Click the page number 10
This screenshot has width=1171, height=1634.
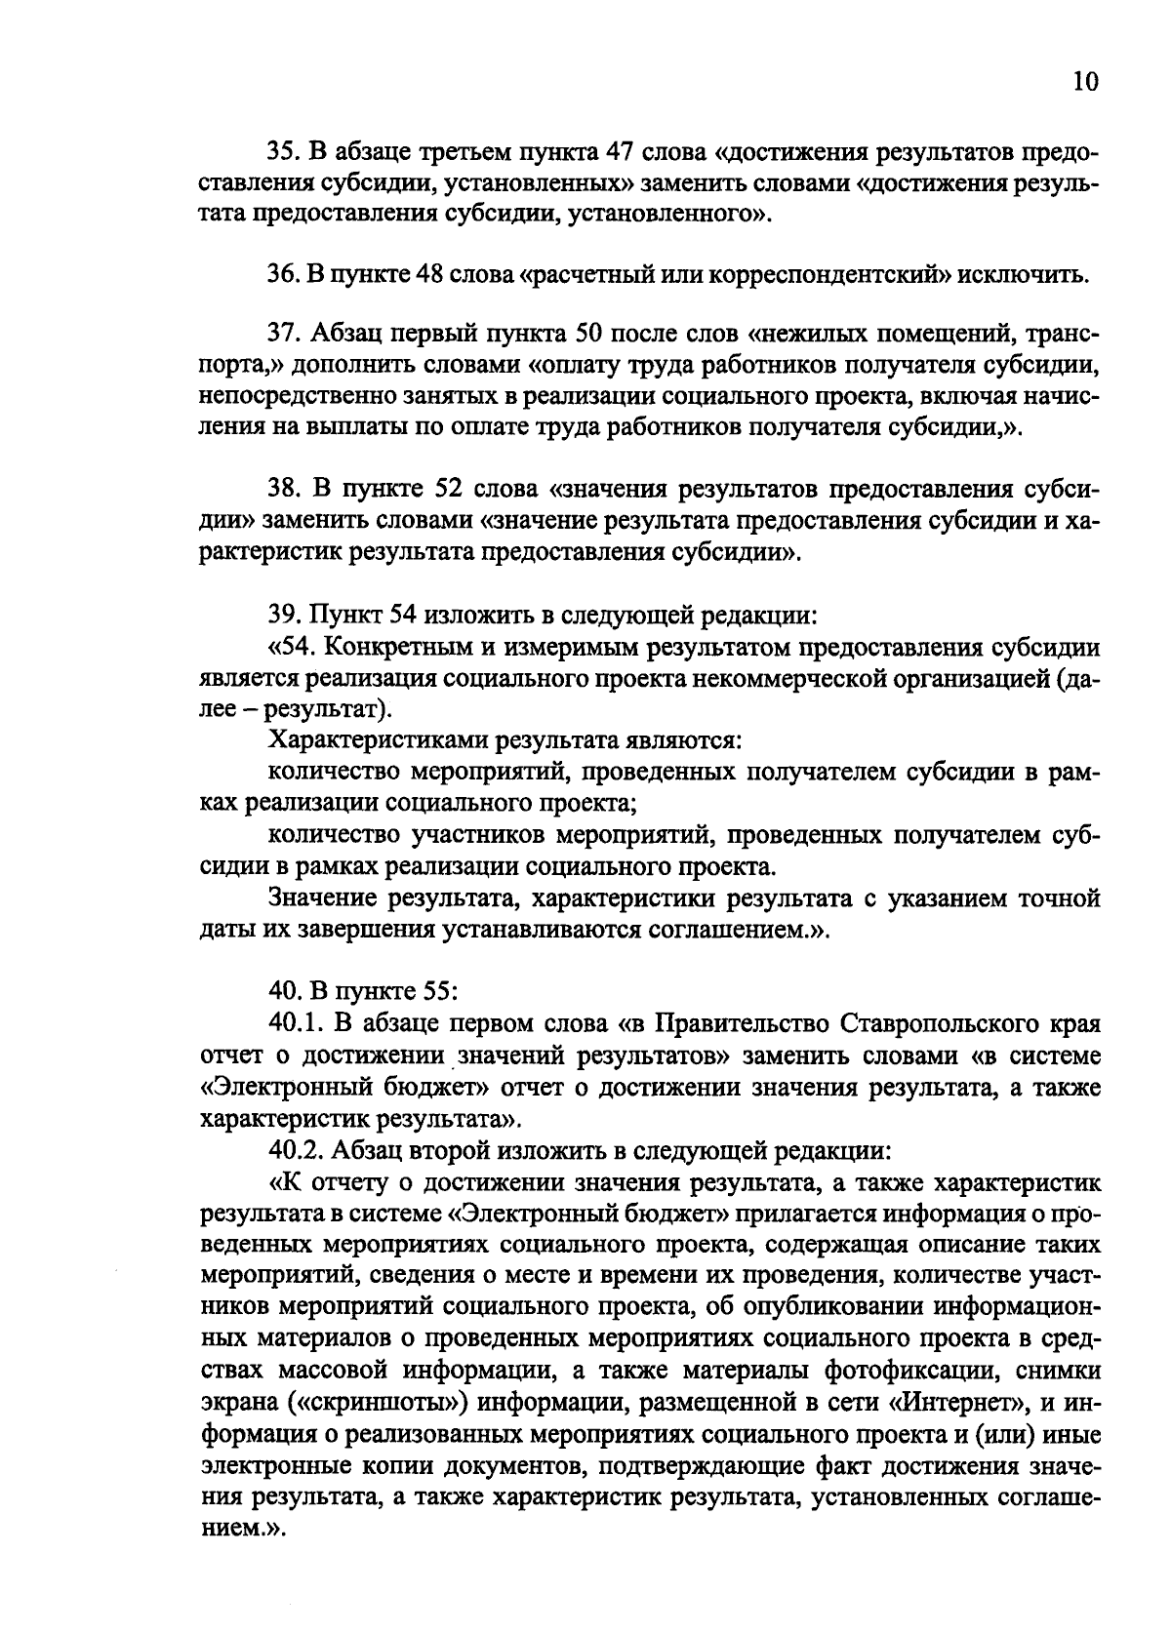point(1085,82)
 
